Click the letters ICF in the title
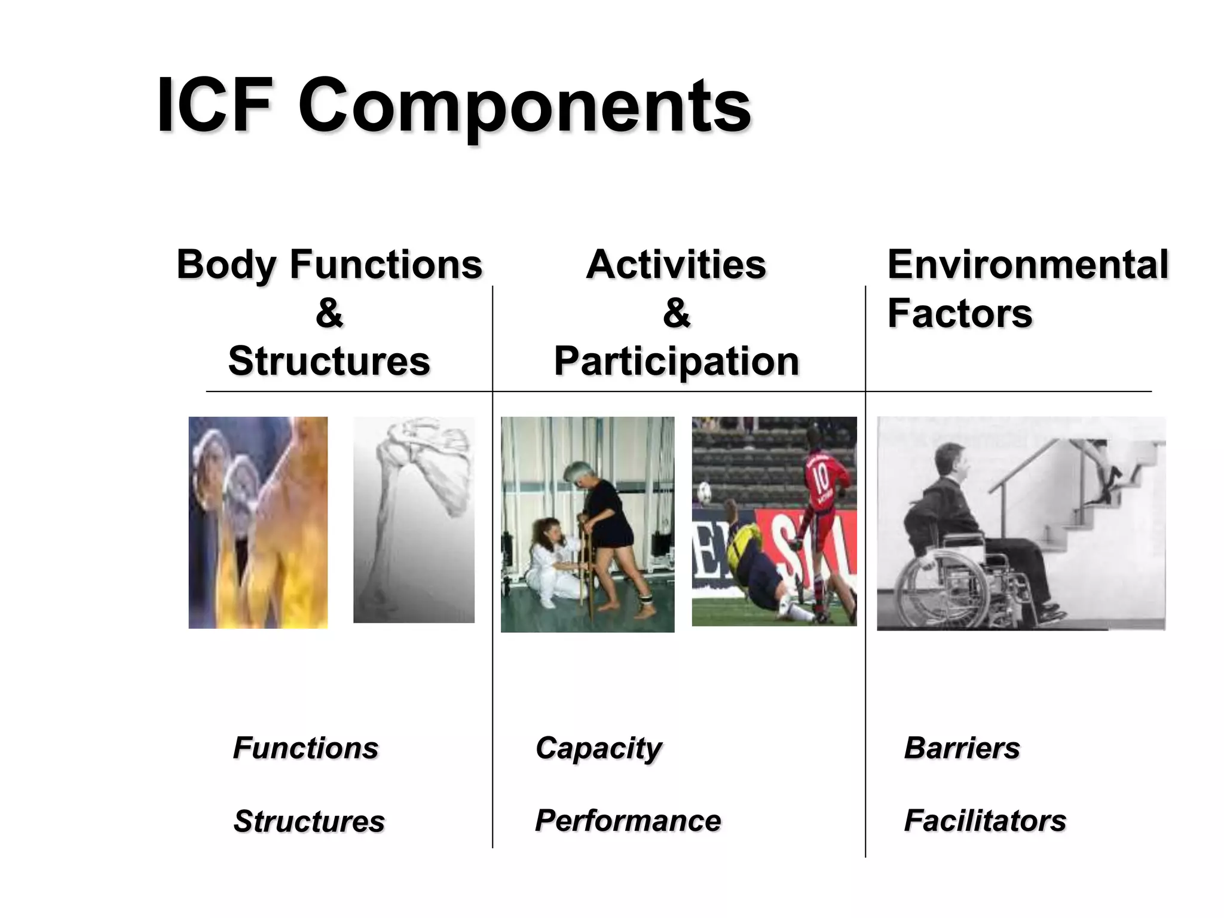tap(215, 106)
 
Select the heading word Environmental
tap(1027, 264)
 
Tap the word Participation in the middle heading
tap(676, 362)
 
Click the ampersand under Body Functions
tap(329, 313)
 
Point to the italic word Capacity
tap(598, 748)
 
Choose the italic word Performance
tap(628, 821)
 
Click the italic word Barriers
tap(962, 748)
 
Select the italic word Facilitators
tap(985, 821)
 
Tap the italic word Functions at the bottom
tap(305, 748)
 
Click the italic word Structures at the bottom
tap(309, 821)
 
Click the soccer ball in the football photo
tap(706, 492)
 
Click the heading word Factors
tap(959, 313)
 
